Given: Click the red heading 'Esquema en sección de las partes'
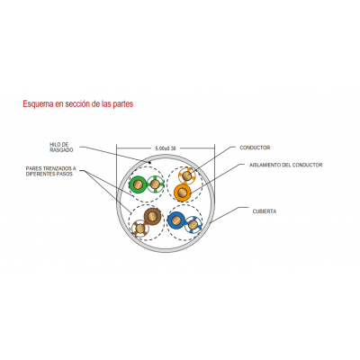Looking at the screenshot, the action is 78,103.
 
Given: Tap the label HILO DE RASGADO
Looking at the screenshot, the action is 61,148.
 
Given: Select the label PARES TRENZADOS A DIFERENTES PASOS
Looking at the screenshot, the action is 50,171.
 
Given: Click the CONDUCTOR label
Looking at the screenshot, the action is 255,148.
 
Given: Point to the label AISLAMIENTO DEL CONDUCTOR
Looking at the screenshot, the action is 286,165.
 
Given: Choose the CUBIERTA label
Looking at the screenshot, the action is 265,211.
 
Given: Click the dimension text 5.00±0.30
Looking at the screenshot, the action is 166,148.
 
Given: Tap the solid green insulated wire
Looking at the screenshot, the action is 138,184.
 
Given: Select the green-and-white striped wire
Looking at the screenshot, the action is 155,184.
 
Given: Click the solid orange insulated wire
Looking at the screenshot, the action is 183,192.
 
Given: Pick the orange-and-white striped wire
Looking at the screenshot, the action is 186,175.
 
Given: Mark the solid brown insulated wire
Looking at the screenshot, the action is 152,216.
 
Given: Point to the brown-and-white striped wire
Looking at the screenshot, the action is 140,229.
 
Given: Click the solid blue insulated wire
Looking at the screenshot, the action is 176,220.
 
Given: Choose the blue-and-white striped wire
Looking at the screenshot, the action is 193,224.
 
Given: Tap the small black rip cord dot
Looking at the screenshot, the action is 150,162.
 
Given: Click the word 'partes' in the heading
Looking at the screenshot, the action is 123,104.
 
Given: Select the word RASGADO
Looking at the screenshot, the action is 61,150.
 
